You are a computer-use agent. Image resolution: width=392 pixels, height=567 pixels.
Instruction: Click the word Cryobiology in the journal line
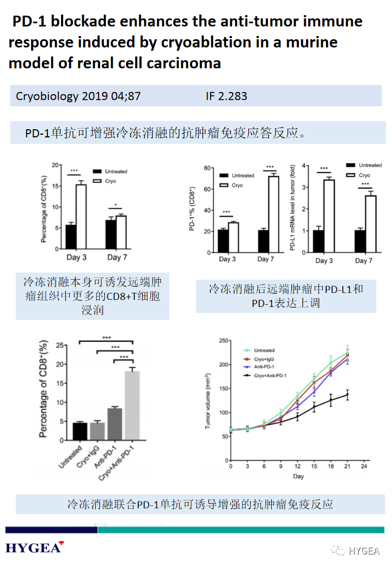tap(47, 96)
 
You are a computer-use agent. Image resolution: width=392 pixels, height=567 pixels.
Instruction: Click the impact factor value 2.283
tap(234, 96)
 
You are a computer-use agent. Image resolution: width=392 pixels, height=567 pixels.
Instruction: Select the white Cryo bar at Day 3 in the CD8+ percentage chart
tap(81, 216)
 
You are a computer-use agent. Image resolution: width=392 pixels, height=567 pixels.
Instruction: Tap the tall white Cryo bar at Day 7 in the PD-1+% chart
tap(273, 214)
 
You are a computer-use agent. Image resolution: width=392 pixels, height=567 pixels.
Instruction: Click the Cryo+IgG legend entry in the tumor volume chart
tap(265, 359)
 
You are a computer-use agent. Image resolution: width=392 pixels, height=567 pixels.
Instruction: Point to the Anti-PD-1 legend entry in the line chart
tap(264, 367)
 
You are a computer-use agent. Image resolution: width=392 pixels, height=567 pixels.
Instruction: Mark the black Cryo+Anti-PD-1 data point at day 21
tap(347, 395)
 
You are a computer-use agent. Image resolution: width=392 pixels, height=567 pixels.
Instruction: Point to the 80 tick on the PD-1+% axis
tap(206, 168)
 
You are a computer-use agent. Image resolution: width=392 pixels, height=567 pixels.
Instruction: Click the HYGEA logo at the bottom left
tap(34, 547)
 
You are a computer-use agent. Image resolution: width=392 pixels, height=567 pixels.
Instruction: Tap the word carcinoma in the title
tap(183, 63)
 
